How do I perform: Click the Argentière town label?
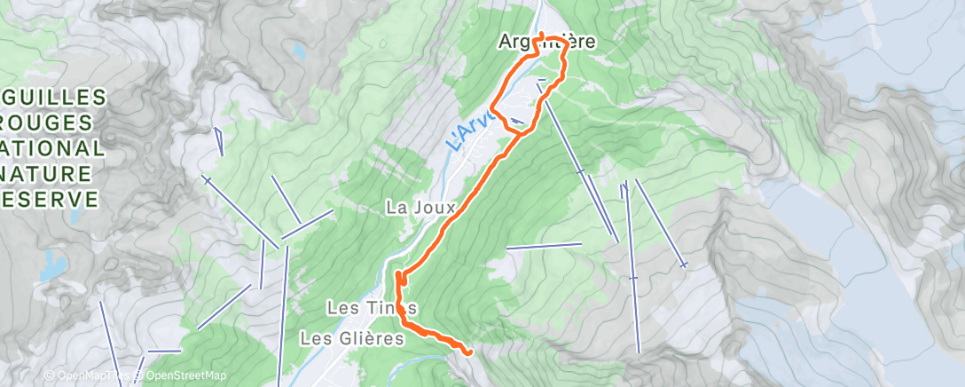(545, 42)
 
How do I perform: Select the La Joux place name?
(420, 208)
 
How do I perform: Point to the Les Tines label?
(372, 308)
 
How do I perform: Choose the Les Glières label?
(352, 338)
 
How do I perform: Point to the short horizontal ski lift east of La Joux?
(543, 245)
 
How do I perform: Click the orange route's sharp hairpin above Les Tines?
(398, 274)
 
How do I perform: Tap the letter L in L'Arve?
(452, 144)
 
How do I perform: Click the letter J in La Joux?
(415, 208)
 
